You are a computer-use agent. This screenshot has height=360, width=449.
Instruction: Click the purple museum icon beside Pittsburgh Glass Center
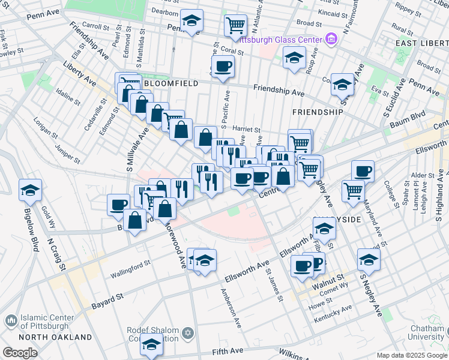pyautogui.click(x=331, y=40)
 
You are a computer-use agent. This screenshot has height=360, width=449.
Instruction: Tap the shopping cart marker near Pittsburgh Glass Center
pyautogui.click(x=236, y=26)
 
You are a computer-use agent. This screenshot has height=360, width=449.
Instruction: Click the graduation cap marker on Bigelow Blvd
pyautogui.click(x=31, y=190)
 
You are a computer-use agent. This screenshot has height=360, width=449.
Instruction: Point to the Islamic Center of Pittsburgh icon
pyautogui.click(x=11, y=322)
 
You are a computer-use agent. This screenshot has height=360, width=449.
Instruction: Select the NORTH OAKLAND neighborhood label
pyautogui.click(x=37, y=337)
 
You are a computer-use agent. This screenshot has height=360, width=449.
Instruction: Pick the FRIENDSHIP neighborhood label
pyautogui.click(x=317, y=112)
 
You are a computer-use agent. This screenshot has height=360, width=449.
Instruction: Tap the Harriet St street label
pyautogui.click(x=247, y=129)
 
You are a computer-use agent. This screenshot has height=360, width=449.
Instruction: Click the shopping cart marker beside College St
pyautogui.click(x=353, y=191)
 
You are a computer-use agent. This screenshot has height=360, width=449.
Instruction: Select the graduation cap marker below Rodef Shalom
pyautogui.click(x=152, y=346)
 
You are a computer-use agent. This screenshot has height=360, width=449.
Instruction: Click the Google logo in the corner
pyautogui.click(x=20, y=353)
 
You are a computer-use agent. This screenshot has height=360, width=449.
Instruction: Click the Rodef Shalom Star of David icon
pyautogui.click(x=188, y=332)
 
